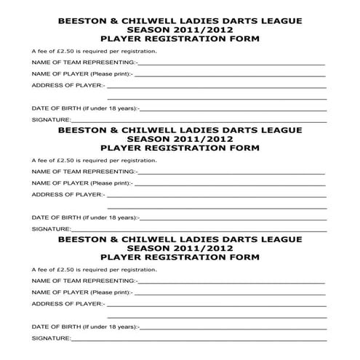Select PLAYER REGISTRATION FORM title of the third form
coord(180,257)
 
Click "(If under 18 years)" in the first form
coord(108,108)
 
